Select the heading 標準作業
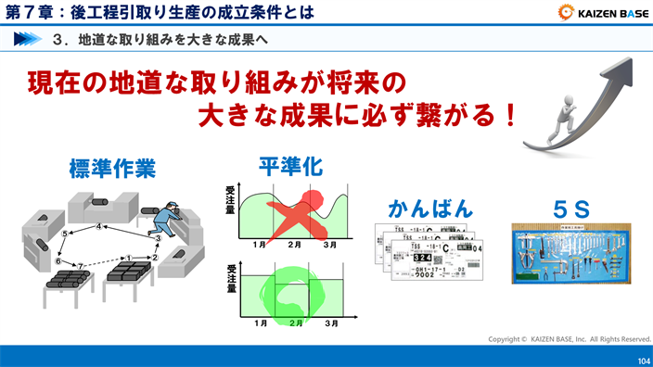111,169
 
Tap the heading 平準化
289,167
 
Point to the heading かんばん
430,208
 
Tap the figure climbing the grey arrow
563,117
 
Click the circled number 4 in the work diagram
98,225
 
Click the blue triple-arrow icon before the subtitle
30,40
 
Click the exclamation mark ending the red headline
506,118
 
